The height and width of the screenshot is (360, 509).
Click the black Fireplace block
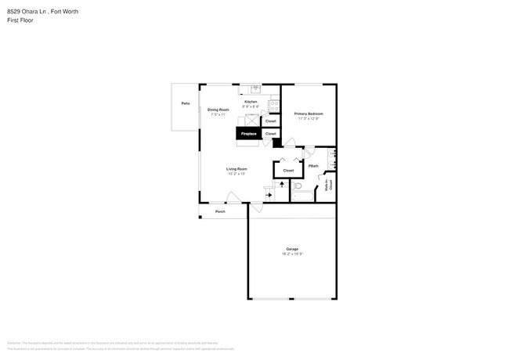[x=248, y=134]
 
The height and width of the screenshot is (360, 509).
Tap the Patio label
[x=186, y=103]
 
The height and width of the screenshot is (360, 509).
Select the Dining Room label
[x=218, y=110]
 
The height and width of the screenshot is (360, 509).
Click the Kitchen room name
[x=251, y=102]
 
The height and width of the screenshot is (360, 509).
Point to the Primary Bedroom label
[x=309, y=114]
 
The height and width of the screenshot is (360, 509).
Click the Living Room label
[x=236, y=169]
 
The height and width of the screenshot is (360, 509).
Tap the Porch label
[x=221, y=211]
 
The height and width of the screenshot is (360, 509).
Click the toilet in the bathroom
[x=298, y=188]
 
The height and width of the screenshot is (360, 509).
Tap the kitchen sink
[x=256, y=89]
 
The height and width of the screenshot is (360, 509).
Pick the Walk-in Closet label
[x=330, y=184]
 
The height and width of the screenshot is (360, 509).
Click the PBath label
[x=312, y=166]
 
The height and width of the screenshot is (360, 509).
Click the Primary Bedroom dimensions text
[x=309, y=119]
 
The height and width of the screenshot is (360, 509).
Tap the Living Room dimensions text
[x=236, y=174]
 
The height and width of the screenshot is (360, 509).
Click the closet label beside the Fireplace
[x=271, y=134]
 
